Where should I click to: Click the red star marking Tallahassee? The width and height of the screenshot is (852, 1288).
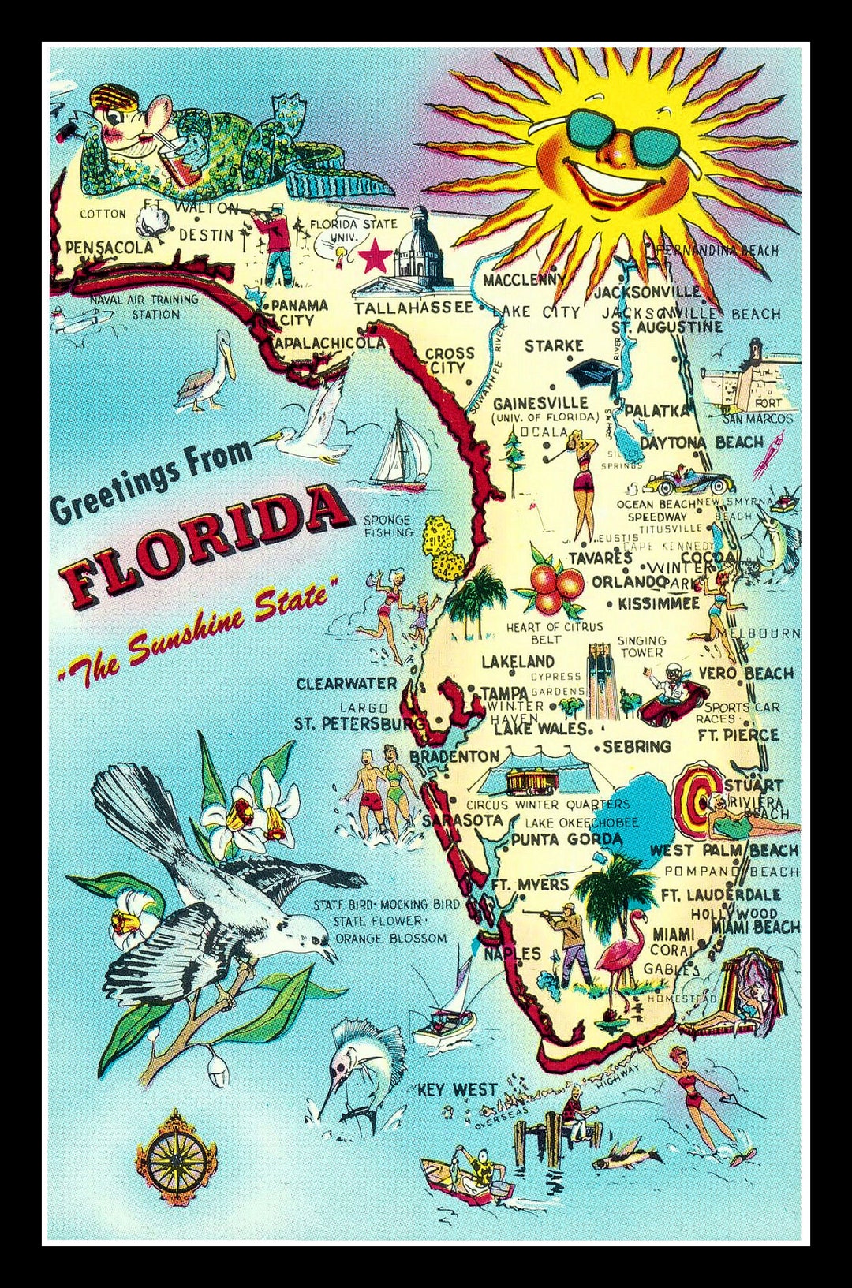coord(375,257)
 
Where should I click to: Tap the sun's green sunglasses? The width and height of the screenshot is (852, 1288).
coord(623,133)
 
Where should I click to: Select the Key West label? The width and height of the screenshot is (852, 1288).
coord(457,1090)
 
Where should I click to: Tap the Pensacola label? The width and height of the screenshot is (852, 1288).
coord(109,247)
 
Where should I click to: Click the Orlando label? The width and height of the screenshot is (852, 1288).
coord(628,581)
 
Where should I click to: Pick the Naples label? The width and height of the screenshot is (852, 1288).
coord(512,954)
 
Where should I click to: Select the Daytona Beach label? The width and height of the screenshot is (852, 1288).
coord(701,442)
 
